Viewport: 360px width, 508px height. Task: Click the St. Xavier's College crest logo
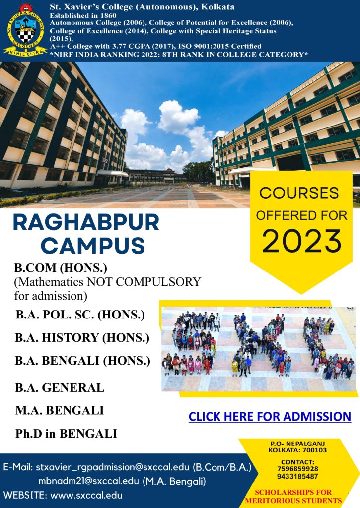(25, 30)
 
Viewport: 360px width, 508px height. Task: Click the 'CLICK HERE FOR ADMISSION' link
(270, 417)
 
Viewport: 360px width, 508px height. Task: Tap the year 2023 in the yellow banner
(301, 241)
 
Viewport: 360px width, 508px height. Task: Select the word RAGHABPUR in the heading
(86, 222)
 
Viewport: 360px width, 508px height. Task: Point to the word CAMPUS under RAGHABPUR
(93, 245)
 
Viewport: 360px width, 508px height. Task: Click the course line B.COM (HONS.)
(61, 268)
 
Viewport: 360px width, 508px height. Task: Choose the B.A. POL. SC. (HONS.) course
(80, 315)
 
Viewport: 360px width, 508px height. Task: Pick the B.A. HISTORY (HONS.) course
(82, 337)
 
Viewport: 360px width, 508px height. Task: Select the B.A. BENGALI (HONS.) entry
(83, 361)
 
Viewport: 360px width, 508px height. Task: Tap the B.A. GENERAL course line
(60, 387)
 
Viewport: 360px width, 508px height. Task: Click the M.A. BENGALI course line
(60, 410)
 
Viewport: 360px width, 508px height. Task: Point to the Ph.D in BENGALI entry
(66, 434)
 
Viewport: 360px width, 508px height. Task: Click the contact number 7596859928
(297, 469)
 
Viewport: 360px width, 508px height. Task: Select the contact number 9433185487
(297, 477)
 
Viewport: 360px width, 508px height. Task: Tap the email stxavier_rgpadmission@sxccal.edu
(112, 467)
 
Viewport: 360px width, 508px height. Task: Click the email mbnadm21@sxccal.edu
(88, 481)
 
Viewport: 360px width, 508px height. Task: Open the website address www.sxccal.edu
(86, 495)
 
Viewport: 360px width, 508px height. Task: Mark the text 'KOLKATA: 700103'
(297, 450)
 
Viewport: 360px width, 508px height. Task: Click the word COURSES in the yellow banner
(299, 193)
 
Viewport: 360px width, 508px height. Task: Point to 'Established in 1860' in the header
(83, 15)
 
